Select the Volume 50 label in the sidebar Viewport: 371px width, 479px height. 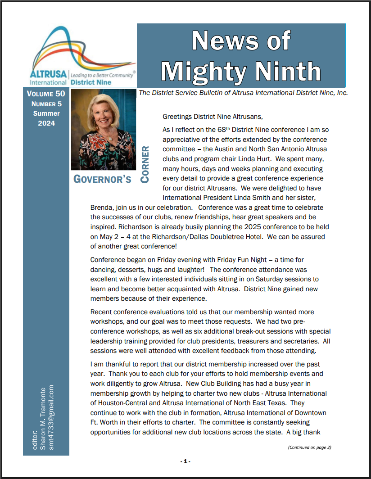click(x=46, y=94)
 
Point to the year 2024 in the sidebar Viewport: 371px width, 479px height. click(x=46, y=123)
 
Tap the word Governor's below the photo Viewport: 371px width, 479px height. click(x=103, y=179)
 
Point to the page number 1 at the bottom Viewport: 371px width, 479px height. click(x=185, y=461)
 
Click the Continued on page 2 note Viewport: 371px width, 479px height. click(x=309, y=447)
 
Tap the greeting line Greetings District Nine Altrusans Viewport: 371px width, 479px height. click(x=212, y=117)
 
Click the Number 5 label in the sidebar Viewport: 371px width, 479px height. click(x=46, y=104)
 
